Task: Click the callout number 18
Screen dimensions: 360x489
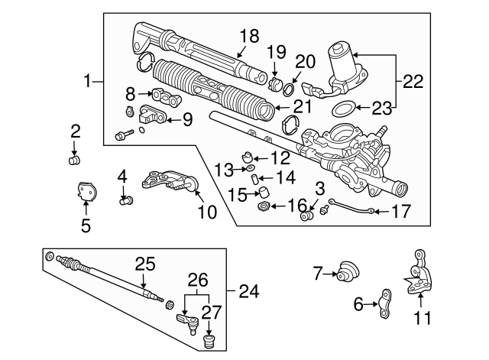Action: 249,36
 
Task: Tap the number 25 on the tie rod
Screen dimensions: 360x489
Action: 144,264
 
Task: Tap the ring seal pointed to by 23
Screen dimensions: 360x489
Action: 344,107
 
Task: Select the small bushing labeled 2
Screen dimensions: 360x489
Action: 75,160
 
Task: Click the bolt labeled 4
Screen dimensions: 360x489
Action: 127,201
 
